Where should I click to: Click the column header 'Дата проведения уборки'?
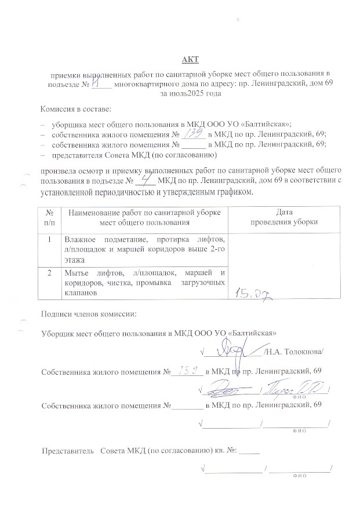(283, 217)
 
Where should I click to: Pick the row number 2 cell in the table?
(50, 272)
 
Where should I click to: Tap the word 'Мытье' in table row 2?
(77, 272)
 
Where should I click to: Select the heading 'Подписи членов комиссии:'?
(89, 314)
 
